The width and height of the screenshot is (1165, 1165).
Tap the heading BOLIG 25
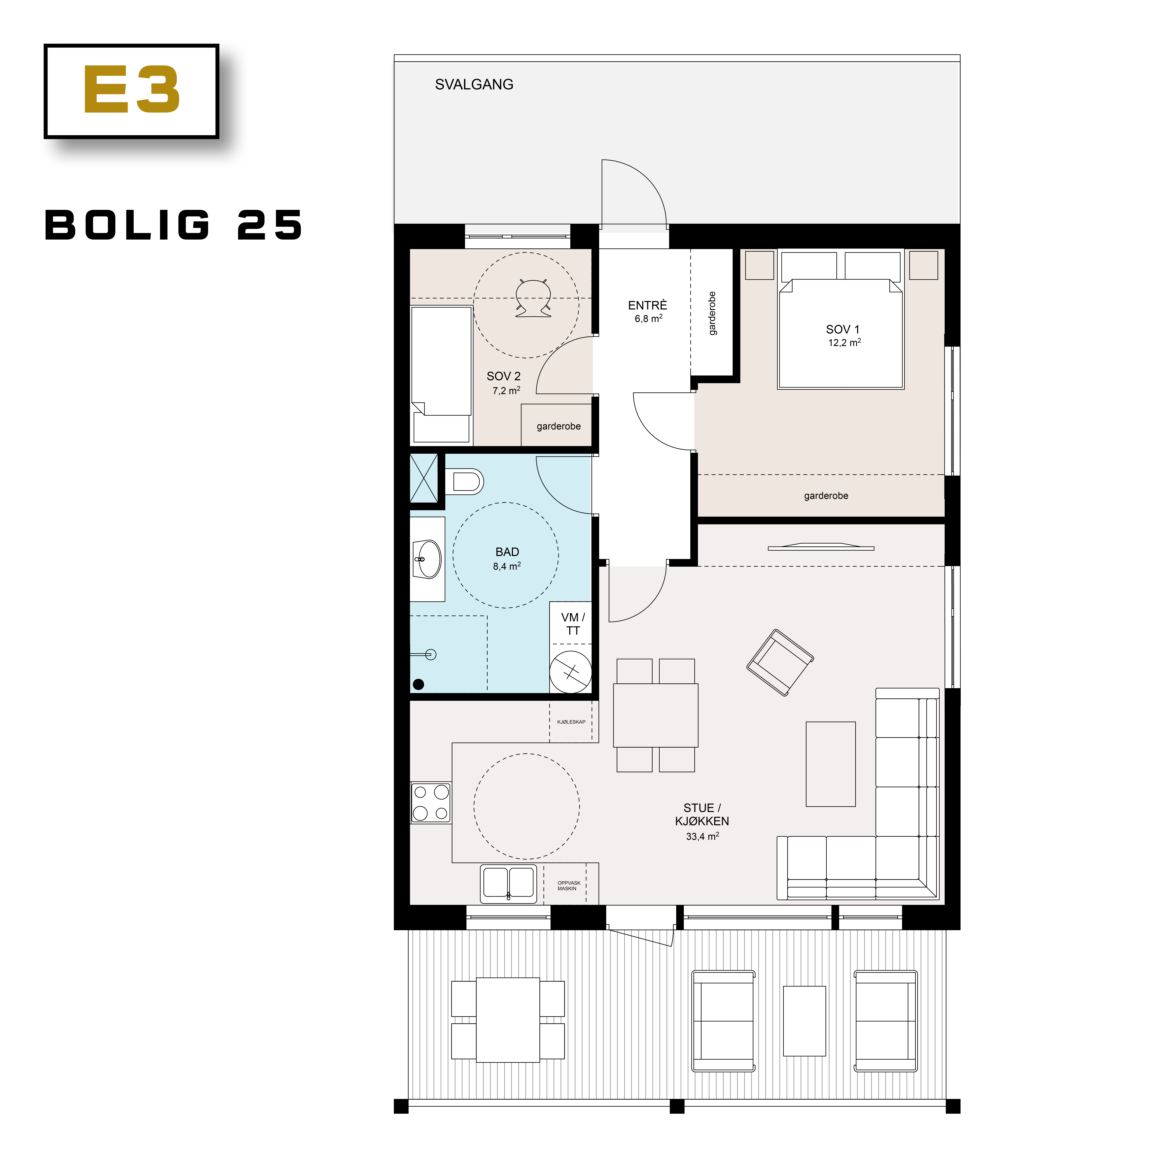(174, 226)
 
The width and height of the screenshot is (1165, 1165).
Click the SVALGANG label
(474, 84)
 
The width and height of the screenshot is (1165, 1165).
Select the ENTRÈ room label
(648, 306)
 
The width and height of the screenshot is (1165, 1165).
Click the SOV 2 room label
(504, 376)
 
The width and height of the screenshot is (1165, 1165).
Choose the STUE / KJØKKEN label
(702, 815)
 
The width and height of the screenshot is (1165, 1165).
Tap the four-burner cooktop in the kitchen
(431, 803)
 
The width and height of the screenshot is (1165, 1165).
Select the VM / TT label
(572, 624)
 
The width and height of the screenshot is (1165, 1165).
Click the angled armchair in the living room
(780, 663)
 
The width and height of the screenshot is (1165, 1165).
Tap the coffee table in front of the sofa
(830, 764)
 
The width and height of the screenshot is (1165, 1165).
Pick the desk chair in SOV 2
(533, 299)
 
